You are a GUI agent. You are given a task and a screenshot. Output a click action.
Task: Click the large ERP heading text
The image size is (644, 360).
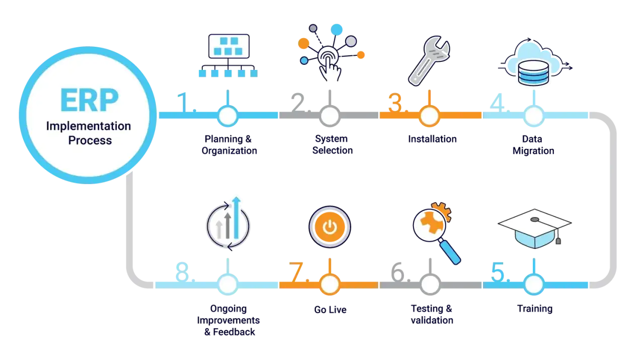[90, 100]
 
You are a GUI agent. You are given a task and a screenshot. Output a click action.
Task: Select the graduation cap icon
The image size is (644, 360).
[534, 228]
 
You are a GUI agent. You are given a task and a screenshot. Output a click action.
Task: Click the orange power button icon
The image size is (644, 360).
[330, 227]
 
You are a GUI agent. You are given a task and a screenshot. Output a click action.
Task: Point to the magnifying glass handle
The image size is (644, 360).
[450, 252]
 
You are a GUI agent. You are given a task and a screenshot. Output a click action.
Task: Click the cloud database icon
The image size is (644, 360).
[535, 62]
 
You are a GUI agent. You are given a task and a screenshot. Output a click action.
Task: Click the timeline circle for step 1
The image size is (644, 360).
[228, 116]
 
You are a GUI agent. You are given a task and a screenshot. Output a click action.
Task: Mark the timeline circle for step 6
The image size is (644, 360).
[430, 285]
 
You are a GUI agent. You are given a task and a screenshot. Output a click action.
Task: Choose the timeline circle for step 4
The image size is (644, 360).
[534, 116]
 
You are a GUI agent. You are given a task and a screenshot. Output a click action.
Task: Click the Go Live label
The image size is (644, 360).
[331, 309]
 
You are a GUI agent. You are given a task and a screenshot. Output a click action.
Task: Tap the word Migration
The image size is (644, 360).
[533, 151]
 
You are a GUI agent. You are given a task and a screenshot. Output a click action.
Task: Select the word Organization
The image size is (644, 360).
[229, 151]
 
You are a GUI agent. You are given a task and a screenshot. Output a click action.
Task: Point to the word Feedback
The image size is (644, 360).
[234, 332]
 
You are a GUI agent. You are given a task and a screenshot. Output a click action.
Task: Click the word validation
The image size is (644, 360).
[432, 320]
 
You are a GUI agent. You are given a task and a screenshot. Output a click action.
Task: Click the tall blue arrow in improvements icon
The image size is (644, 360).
[236, 218]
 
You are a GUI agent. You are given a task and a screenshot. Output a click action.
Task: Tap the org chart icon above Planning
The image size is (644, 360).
[228, 55]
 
